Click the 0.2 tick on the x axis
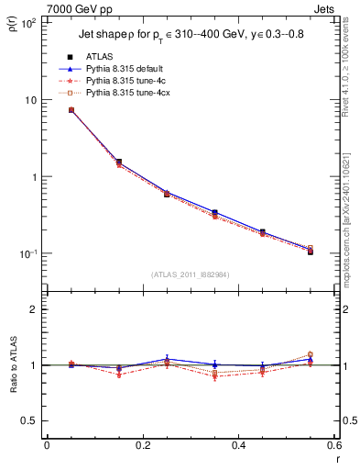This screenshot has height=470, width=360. click(x=142, y=445)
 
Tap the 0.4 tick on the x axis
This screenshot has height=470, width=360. click(x=238, y=445)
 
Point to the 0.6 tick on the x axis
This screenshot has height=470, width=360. click(x=333, y=445)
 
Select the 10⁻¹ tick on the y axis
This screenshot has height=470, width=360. click(x=28, y=254)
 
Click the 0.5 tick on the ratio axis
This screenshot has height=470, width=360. click(x=29, y=420)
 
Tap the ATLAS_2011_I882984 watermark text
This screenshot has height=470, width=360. click(x=190, y=274)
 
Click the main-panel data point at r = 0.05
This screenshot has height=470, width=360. click(x=71, y=110)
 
